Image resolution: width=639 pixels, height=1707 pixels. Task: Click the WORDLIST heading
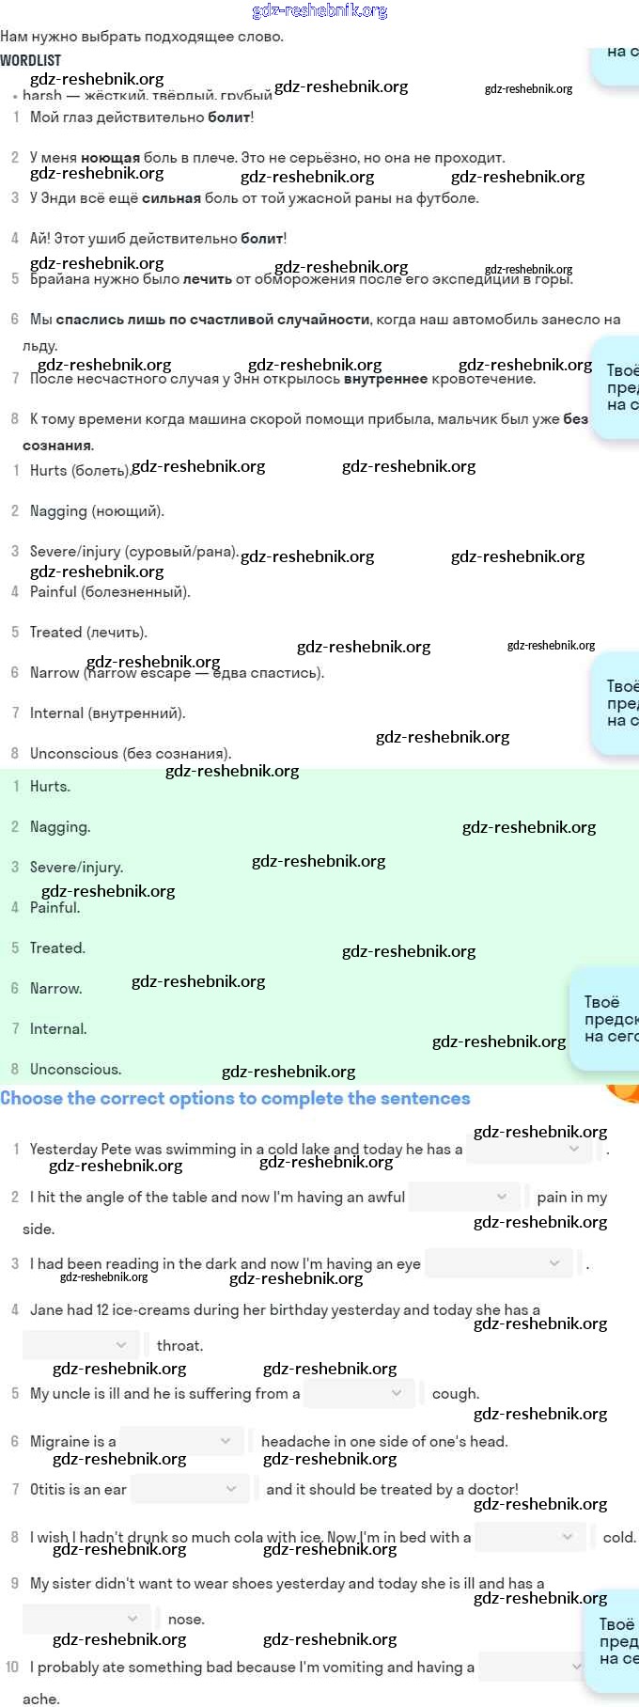click(31, 60)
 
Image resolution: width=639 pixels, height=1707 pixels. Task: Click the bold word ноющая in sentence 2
click(110, 158)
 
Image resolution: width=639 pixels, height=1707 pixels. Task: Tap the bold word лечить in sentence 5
click(207, 279)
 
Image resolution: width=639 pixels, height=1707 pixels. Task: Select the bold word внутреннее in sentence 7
click(385, 379)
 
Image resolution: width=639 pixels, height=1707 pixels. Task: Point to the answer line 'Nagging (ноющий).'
click(97, 511)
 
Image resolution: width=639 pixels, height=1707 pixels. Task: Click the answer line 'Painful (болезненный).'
click(110, 592)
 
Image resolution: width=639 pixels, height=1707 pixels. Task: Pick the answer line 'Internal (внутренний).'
click(107, 713)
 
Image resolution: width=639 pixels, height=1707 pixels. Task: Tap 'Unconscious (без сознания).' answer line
click(130, 754)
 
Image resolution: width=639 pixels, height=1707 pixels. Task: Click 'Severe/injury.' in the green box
click(76, 868)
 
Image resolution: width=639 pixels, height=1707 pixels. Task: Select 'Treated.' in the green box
click(57, 948)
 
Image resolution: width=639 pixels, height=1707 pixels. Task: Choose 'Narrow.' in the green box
click(55, 989)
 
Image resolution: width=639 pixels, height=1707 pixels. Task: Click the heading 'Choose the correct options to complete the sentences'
click(235, 1099)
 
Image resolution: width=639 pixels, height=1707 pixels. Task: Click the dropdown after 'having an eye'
click(498, 1263)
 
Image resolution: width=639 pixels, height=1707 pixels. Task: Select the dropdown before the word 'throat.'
click(80, 1345)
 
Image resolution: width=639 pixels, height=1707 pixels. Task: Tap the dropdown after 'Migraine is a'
click(181, 1441)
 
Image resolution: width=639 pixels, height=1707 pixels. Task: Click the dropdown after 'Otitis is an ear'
click(190, 1489)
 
